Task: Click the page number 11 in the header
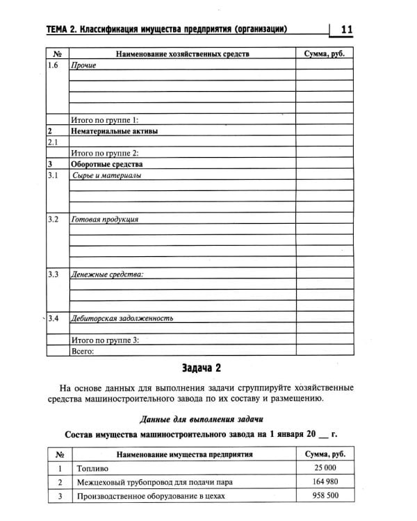347,29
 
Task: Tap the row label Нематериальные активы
114,131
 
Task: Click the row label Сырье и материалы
106,175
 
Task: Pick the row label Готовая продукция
105,220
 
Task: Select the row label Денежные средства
107,274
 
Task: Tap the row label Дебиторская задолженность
122,318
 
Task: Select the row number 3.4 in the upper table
55,318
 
